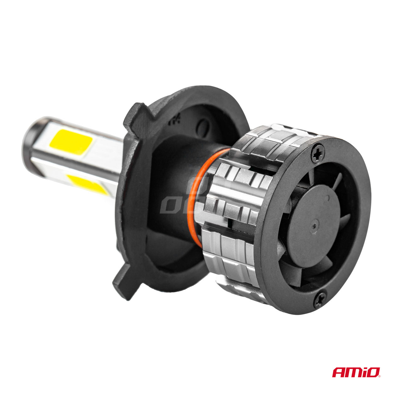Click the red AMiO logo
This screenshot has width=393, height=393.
click(356, 372)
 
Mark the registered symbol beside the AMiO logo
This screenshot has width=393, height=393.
click(381, 376)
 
